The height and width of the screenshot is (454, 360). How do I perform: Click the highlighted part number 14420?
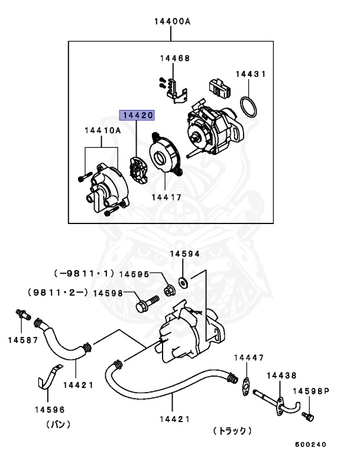pyautogui.click(x=137, y=116)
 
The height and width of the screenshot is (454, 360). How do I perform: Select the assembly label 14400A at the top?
pyautogui.click(x=172, y=22)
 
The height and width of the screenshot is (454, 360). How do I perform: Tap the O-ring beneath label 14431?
pyautogui.click(x=249, y=108)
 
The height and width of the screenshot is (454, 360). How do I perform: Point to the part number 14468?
pyautogui.click(x=174, y=59)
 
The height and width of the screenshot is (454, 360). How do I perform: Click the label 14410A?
pyautogui.click(x=102, y=130)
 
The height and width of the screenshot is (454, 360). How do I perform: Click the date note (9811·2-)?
pyautogui.click(x=57, y=292)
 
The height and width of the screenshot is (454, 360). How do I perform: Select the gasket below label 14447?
pyautogui.click(x=245, y=384)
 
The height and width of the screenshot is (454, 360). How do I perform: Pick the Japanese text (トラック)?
pyautogui.click(x=232, y=432)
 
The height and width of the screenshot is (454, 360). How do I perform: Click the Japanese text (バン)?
pyautogui.click(x=59, y=424)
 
